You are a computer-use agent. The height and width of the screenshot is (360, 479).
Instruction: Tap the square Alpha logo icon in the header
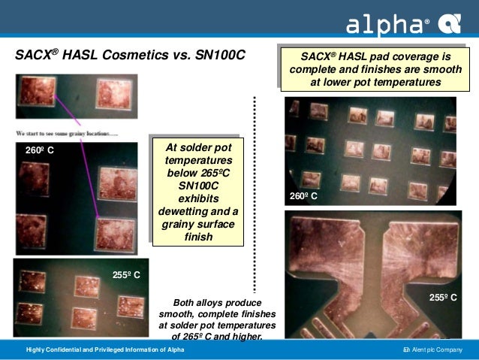(x=450, y=26)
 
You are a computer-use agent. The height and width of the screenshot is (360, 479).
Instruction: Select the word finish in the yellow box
(x=198, y=237)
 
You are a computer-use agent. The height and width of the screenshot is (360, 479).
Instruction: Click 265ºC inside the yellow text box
(x=212, y=173)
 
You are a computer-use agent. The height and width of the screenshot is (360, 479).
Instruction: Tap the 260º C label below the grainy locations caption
(x=40, y=151)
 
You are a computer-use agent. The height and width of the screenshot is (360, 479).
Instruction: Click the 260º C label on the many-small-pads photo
(x=303, y=196)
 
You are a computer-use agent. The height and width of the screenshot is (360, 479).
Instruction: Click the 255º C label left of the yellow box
(x=126, y=275)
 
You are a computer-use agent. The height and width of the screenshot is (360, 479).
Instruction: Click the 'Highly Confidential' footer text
(x=105, y=350)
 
